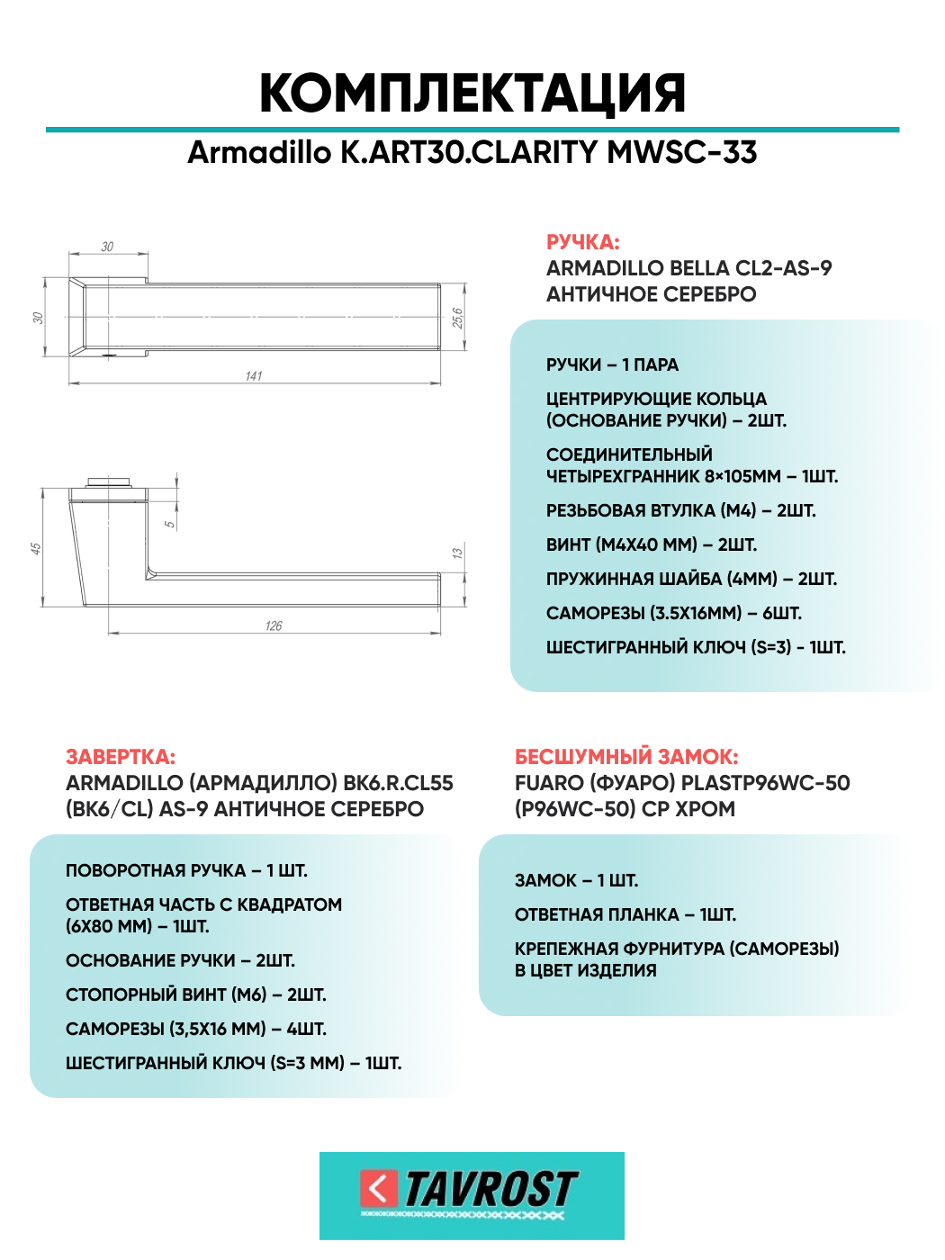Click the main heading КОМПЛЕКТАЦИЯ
[472, 93]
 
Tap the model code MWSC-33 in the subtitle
[682, 152]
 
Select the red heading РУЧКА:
[583, 242]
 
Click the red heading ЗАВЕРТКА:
[121, 757]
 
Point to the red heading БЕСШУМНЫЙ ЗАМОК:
[626, 757]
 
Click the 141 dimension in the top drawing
[254, 375]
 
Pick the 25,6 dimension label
[457, 318]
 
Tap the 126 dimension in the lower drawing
[274, 625]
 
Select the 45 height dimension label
[36, 548]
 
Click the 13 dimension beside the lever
[457, 553]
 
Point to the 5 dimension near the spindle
[169, 524]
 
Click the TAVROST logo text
[490, 1190]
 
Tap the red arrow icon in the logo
[379, 1189]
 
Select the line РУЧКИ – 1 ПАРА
[612, 364]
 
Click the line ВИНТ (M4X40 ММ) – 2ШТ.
[651, 544]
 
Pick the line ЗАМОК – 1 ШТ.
[576, 880]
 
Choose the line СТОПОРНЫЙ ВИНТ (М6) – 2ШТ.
[195, 994]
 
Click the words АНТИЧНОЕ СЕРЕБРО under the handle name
[651, 294]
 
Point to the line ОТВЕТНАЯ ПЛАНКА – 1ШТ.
[625, 914]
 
